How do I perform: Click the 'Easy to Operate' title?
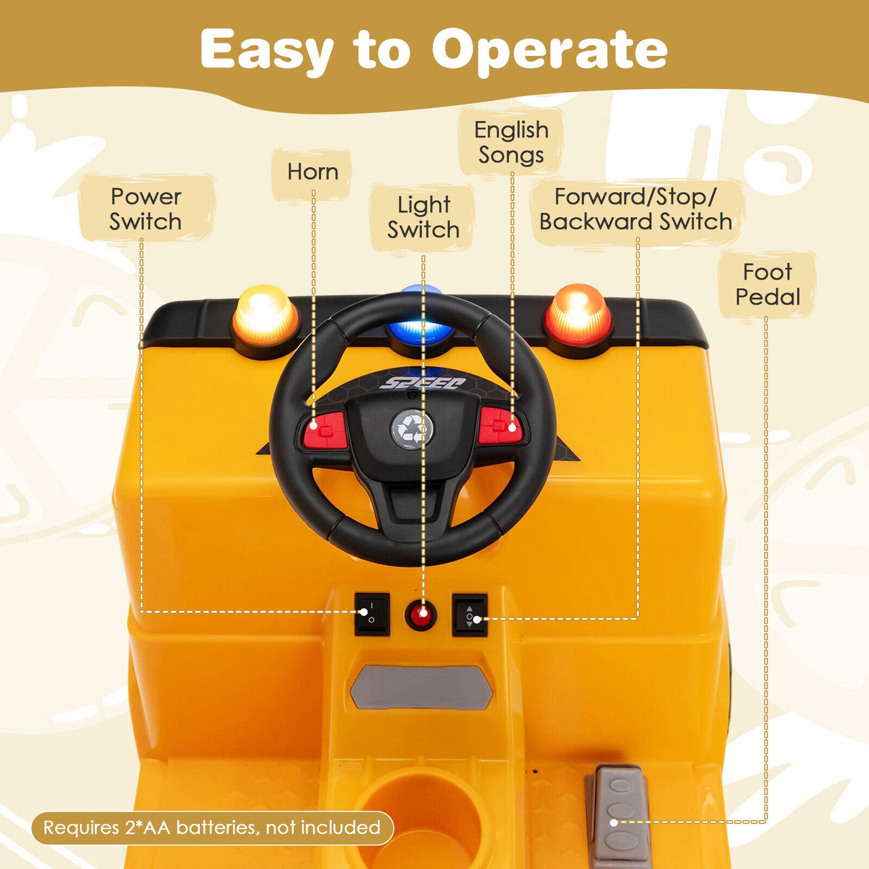click(x=434, y=50)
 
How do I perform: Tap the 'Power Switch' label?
click(x=146, y=209)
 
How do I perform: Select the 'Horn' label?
click(x=313, y=172)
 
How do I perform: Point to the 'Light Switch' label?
click(x=423, y=217)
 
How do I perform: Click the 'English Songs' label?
click(x=511, y=143)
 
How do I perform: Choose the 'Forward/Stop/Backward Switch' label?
click(x=636, y=209)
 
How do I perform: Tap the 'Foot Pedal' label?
click(x=767, y=284)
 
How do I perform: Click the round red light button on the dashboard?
click(x=421, y=615)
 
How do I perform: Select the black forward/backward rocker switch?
click(x=470, y=615)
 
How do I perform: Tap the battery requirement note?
click(x=212, y=828)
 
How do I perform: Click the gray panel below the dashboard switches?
click(x=421, y=687)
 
